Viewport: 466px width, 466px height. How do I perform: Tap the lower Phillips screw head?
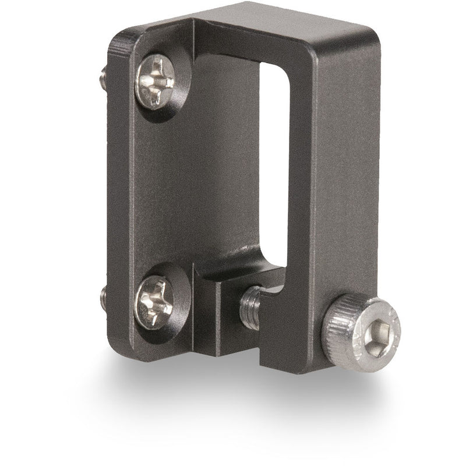[x=154, y=300]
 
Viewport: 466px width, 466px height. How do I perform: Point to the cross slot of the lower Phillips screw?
[x=154, y=300]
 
